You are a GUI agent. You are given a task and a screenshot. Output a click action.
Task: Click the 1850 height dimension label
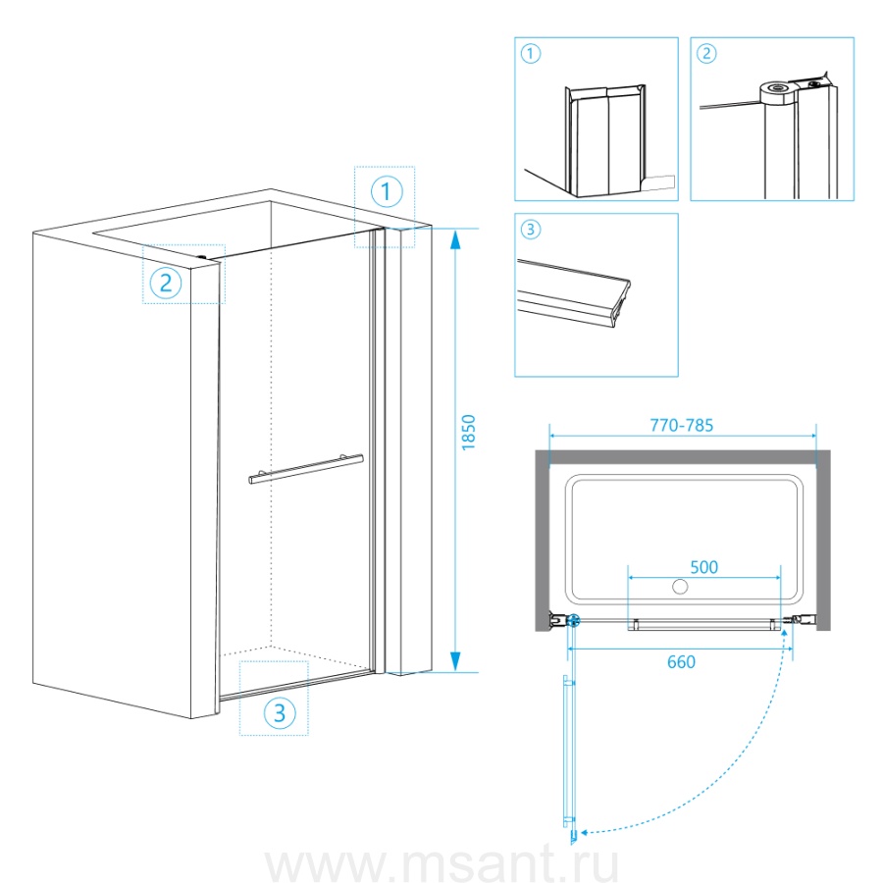coord(469,433)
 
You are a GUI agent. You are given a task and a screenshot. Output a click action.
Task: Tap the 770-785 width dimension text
coord(682,425)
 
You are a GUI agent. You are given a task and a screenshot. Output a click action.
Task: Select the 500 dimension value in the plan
coord(703,567)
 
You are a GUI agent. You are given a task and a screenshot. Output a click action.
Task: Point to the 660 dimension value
coord(681,661)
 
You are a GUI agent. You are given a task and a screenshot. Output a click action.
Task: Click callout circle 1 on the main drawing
coord(387,191)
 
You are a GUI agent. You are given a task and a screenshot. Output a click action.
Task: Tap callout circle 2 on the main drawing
coord(166,283)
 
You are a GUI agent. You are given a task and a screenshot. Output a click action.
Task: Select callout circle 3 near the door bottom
coord(280,713)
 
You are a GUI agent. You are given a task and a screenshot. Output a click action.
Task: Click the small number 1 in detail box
coord(531,54)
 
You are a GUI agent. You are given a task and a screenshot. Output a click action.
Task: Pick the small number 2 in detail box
coord(706,54)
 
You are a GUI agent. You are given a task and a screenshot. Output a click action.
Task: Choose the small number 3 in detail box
coord(531,230)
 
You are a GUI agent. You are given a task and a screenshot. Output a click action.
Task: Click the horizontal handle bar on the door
coord(306,469)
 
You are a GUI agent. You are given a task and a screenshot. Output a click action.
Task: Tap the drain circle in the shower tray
coord(680,587)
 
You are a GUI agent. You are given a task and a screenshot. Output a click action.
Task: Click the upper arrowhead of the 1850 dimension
coord(455,239)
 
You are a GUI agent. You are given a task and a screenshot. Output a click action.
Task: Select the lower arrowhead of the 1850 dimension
coord(455,661)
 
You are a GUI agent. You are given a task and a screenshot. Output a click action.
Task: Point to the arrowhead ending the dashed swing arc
coord(585,832)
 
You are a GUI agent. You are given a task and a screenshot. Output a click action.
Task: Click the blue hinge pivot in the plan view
coord(573,621)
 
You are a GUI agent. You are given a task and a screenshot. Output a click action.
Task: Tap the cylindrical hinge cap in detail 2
coord(777,93)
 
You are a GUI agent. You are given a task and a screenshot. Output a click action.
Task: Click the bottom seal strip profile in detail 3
coord(573,293)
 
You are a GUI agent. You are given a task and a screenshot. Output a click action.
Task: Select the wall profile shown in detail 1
coord(605,140)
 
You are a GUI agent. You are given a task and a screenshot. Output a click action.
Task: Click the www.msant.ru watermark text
coord(441,864)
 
